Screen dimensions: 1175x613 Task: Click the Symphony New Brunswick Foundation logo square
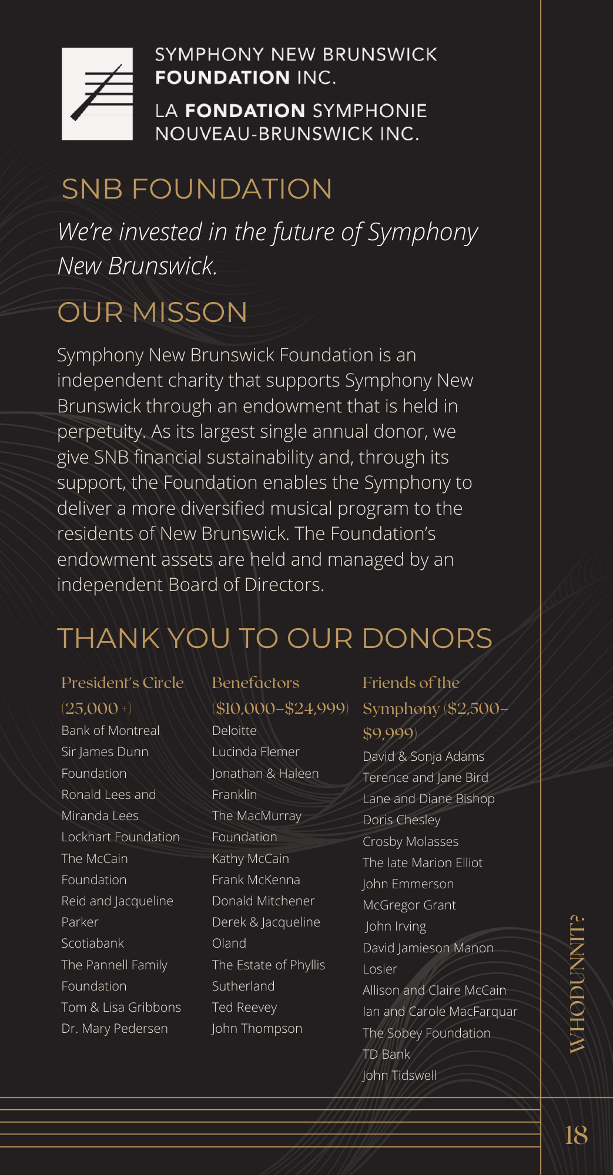(97, 94)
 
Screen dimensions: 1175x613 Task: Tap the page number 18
(576, 1135)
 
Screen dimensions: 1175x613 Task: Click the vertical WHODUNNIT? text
(577, 983)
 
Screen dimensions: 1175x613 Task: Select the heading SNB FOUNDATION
(197, 189)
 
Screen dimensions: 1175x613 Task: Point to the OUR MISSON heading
(152, 313)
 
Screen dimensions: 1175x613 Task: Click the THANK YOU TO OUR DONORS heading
(274, 639)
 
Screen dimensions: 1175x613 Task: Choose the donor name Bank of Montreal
(110, 731)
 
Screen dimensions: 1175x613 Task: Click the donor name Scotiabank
(93, 944)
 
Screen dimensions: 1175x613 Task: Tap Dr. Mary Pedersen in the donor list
(115, 1029)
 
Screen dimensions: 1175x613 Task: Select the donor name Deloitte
(235, 731)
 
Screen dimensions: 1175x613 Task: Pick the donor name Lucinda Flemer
(256, 752)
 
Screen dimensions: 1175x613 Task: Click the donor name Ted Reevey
(244, 1008)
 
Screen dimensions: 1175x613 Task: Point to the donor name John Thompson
(257, 1029)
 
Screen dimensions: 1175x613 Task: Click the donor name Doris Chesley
(401, 820)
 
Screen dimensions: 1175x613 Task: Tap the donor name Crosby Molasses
(410, 842)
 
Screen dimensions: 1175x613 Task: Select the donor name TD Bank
(386, 1055)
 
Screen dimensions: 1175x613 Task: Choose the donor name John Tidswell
(399, 1076)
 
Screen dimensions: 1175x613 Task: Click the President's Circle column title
(122, 683)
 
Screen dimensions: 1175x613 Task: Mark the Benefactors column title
(256, 683)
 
